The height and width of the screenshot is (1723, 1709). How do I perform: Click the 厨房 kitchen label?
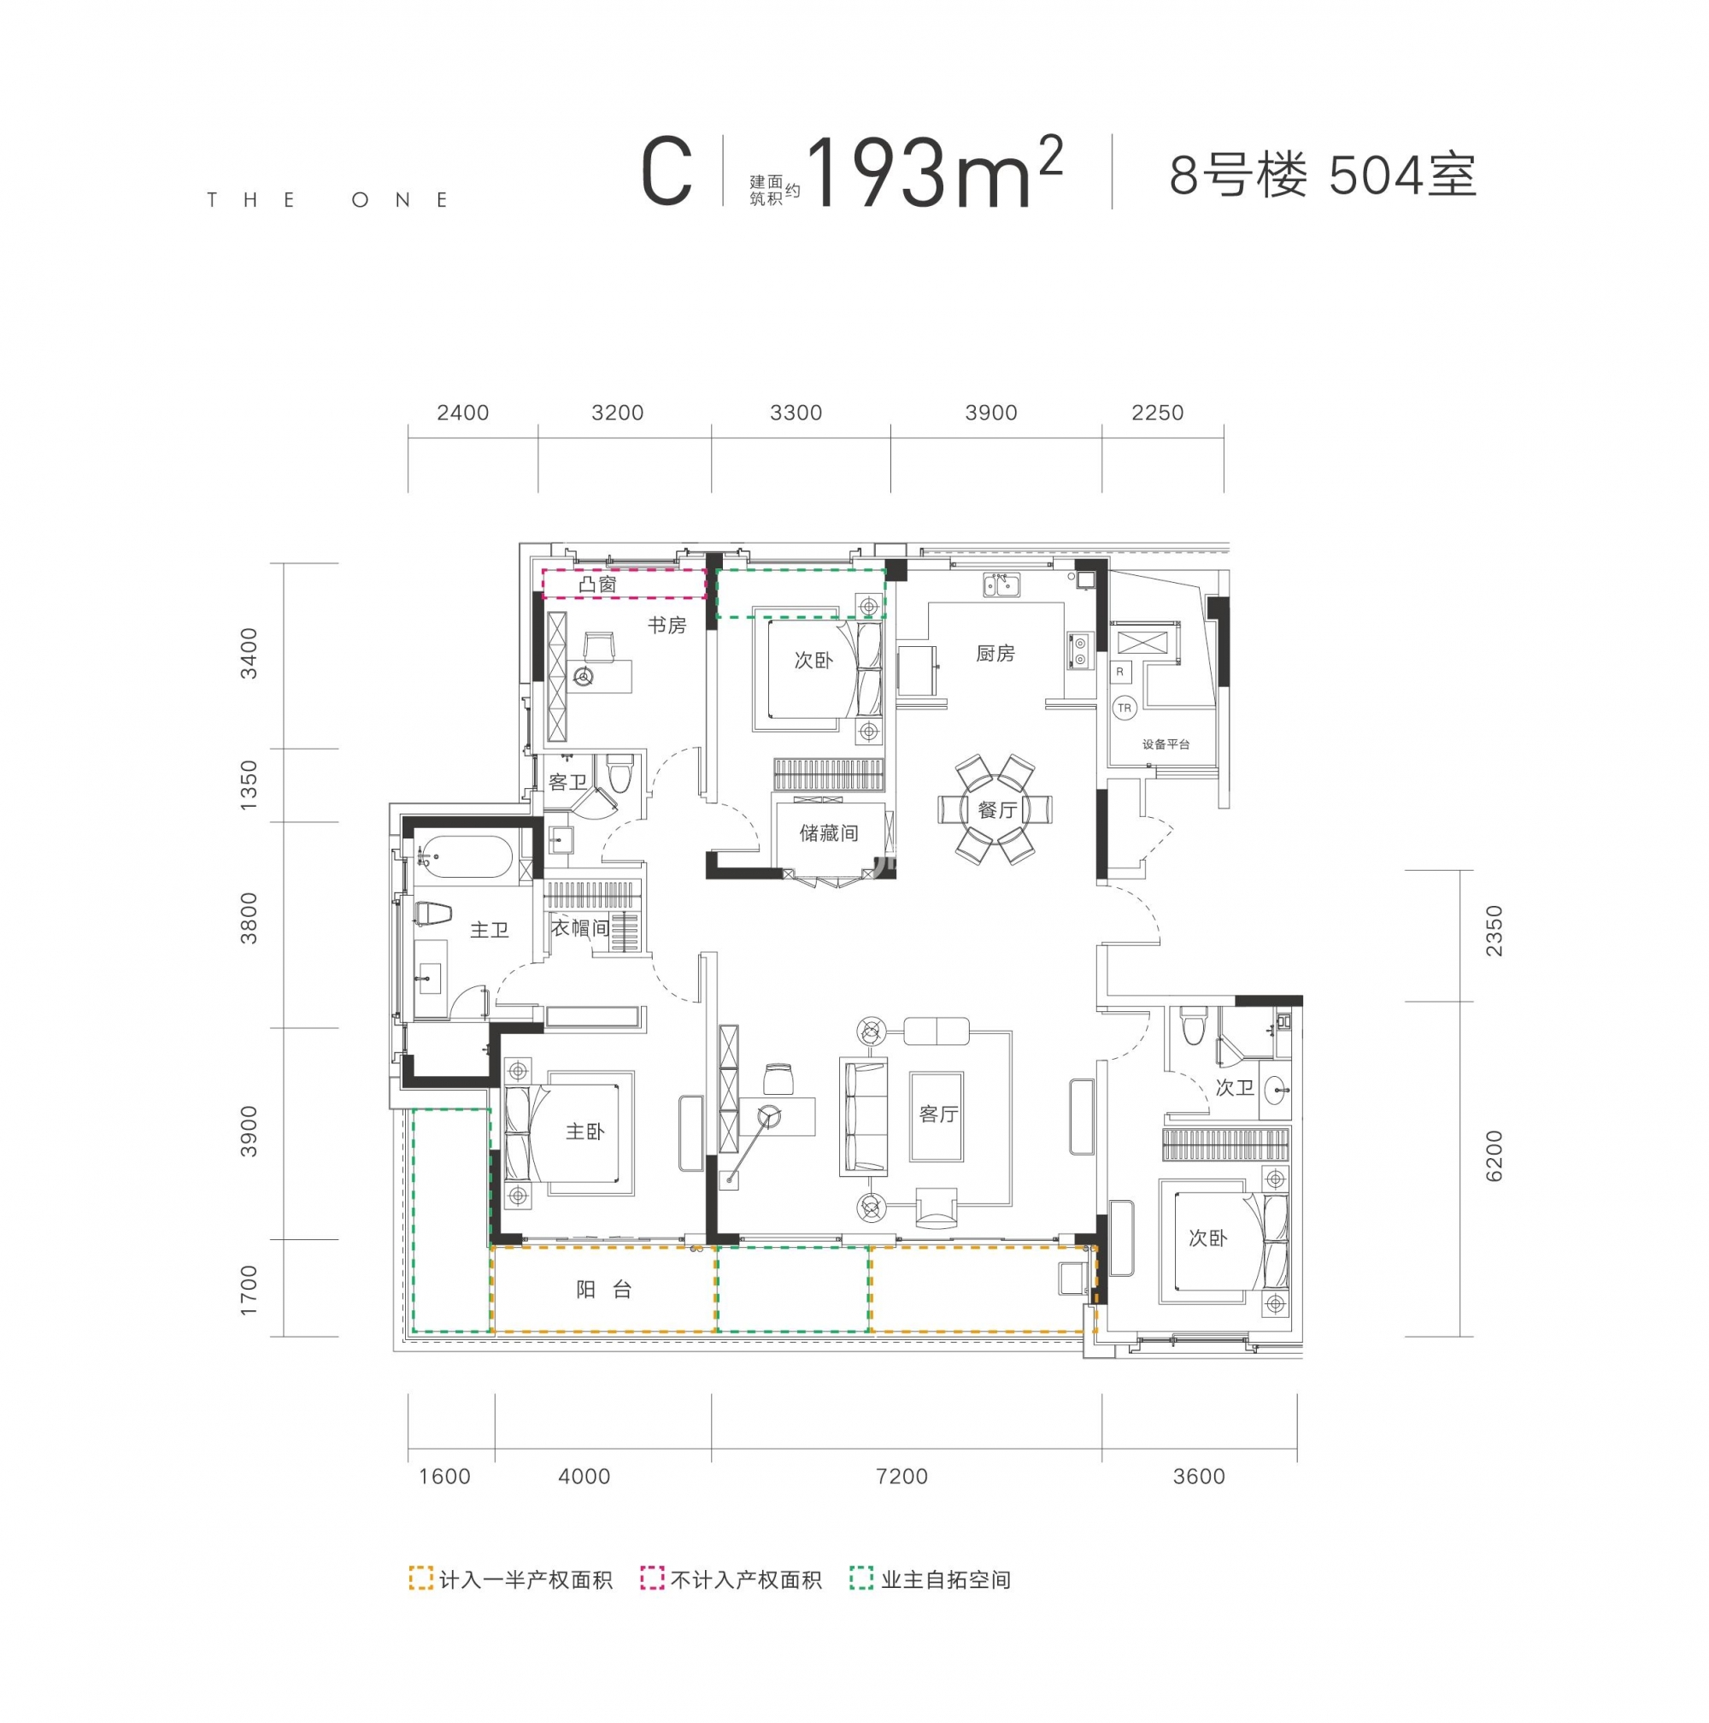click(995, 654)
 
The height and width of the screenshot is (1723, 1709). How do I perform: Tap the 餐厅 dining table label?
click(995, 809)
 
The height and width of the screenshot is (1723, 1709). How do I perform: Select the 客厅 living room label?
click(938, 1114)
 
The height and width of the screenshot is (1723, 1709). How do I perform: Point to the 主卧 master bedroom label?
click(584, 1132)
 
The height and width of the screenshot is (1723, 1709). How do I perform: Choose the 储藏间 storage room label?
click(828, 833)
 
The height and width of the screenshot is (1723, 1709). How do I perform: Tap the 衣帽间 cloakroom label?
click(579, 928)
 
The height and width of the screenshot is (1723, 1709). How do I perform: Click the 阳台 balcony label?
click(603, 1290)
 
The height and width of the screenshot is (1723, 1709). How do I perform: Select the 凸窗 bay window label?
click(597, 584)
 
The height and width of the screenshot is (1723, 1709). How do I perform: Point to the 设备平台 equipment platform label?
click(1166, 744)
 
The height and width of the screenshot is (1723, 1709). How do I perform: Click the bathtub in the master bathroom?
click(465, 857)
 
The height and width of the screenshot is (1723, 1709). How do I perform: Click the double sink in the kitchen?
click(1004, 586)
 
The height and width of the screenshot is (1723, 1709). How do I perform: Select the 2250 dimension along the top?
click(1157, 413)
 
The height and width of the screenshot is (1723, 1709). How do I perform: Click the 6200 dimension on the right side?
click(1495, 1156)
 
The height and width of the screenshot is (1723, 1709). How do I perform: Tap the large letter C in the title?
click(667, 173)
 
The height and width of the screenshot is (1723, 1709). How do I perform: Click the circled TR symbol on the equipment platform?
click(1125, 709)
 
